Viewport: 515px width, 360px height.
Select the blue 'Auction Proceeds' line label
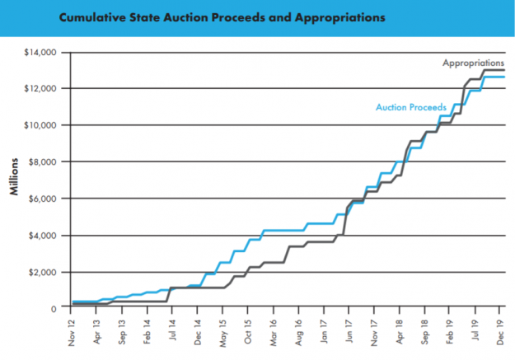tap(410, 106)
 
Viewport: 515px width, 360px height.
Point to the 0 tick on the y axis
tap(52, 308)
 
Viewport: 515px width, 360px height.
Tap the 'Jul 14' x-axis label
tap(172, 330)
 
